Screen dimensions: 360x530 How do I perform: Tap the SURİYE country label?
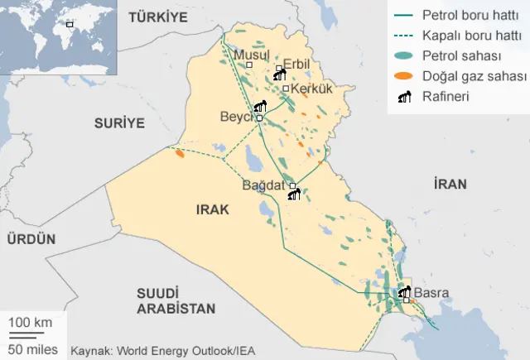[119, 122]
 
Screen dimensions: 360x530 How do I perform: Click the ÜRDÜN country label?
[31, 239]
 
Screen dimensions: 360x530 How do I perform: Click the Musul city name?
[252, 55]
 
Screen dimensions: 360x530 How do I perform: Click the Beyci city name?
[235, 118]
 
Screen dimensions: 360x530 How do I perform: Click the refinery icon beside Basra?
[404, 292]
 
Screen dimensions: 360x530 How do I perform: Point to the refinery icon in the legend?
[403, 96]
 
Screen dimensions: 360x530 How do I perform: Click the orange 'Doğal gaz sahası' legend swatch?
[403, 75]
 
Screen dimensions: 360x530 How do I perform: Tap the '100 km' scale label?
[31, 321]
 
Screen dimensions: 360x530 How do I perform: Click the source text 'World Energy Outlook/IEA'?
[185, 350]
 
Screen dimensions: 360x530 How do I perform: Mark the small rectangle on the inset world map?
[70, 24]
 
